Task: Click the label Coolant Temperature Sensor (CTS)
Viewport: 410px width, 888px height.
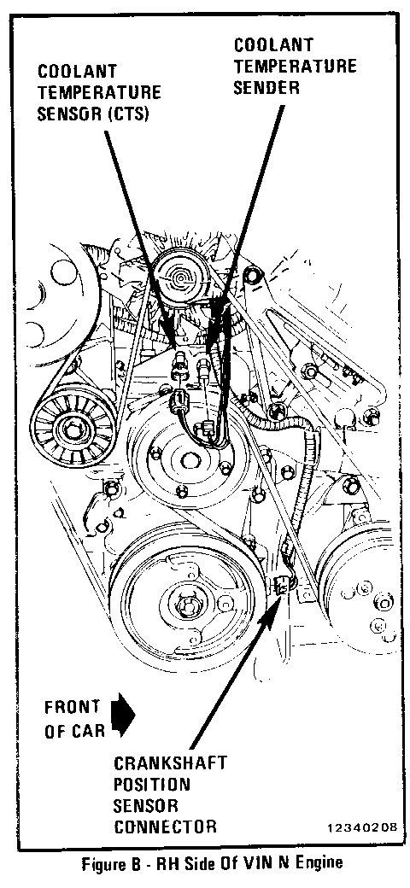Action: pyautogui.click(x=99, y=93)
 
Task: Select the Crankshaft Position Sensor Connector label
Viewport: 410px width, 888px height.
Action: pyautogui.click(x=171, y=795)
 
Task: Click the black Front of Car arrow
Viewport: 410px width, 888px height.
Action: pyautogui.click(x=124, y=716)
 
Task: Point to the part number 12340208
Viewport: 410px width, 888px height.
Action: pyautogui.click(x=362, y=828)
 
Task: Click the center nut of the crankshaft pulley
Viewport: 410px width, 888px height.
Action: pyautogui.click(x=186, y=606)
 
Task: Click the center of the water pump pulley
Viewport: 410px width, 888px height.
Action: pyautogui.click(x=189, y=460)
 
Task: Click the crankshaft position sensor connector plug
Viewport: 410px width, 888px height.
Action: pyautogui.click(x=282, y=583)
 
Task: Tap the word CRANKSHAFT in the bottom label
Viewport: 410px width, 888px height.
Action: pyautogui.click(x=171, y=763)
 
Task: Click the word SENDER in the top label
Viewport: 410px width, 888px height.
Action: pyautogui.click(x=266, y=88)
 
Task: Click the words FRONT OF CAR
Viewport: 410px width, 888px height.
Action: pyautogui.click(x=72, y=718)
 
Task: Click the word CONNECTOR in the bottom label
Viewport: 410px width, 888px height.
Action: pyautogui.click(x=165, y=827)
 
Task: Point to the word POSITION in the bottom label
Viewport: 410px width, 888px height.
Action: pyautogui.click(x=152, y=785)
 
